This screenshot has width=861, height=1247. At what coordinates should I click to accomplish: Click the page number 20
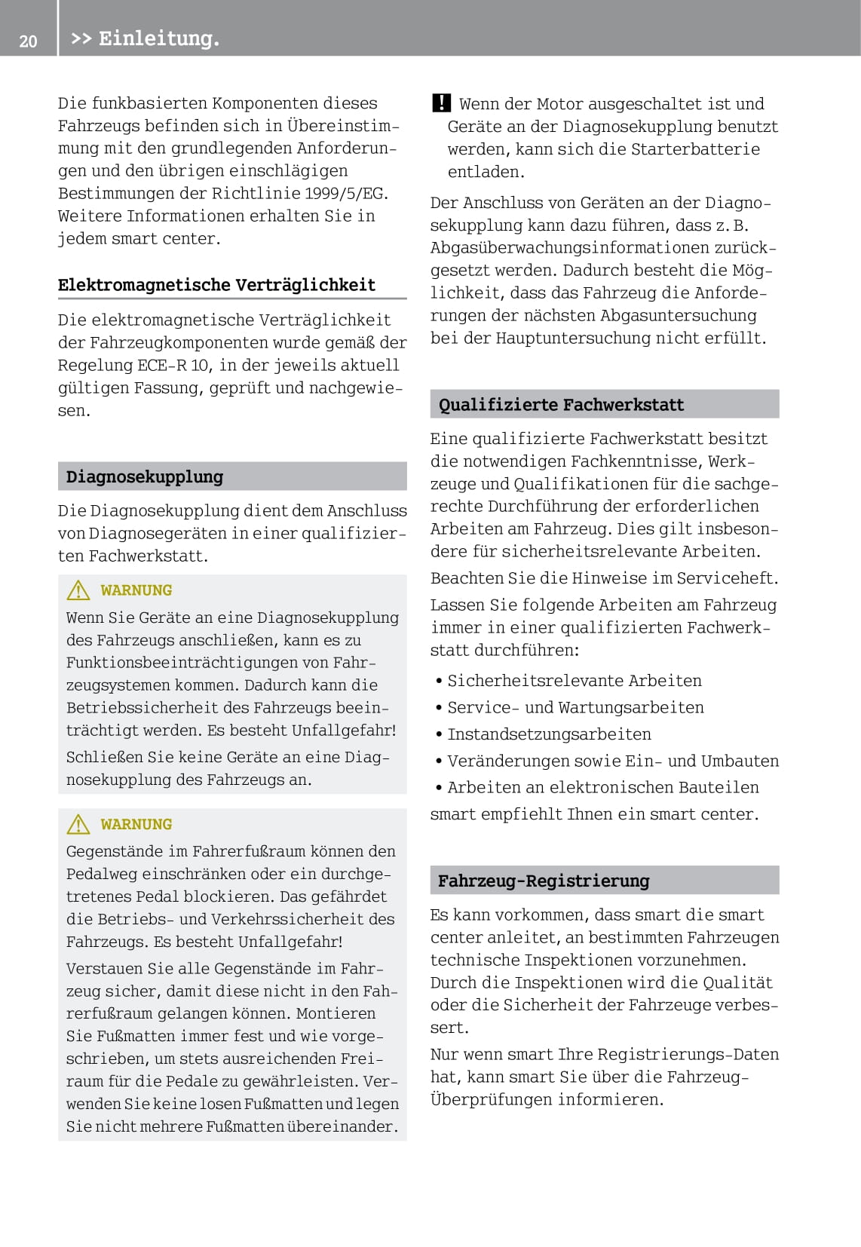click(x=28, y=41)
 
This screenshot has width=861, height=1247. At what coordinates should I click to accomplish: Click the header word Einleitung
click(x=158, y=38)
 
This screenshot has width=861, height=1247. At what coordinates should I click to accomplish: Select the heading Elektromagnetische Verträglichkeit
click(x=216, y=285)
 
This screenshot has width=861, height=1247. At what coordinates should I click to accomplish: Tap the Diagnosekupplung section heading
click(x=145, y=476)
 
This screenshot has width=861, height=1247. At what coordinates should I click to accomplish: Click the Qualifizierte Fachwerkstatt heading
click(x=561, y=405)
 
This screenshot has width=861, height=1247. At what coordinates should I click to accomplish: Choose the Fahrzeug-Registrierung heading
click(x=544, y=881)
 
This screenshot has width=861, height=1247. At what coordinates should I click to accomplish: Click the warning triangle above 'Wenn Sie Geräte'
click(x=78, y=590)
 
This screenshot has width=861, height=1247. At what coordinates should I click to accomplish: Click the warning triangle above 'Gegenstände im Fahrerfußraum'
click(x=78, y=825)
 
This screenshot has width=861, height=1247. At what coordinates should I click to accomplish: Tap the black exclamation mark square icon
click(x=441, y=103)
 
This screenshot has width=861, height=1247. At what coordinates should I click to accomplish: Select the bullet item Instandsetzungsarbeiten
click(x=549, y=734)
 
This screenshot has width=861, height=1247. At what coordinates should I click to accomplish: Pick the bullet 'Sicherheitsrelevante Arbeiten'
click(x=575, y=681)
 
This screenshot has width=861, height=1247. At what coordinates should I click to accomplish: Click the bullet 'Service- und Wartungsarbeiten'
click(x=575, y=708)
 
